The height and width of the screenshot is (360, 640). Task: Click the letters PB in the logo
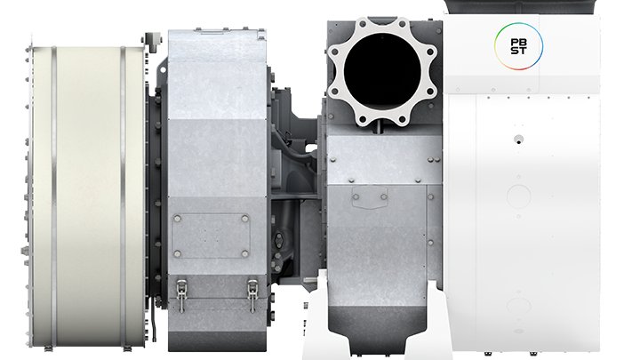(518, 43)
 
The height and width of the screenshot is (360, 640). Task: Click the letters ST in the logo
(518, 51)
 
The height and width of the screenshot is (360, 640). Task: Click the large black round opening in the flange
(382, 69)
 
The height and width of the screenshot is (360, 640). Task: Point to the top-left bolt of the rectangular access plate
(177, 219)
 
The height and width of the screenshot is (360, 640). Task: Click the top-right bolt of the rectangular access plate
(245, 219)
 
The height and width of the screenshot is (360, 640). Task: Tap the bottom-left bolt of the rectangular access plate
(177, 254)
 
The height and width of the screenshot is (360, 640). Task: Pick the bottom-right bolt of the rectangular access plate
(245, 254)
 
